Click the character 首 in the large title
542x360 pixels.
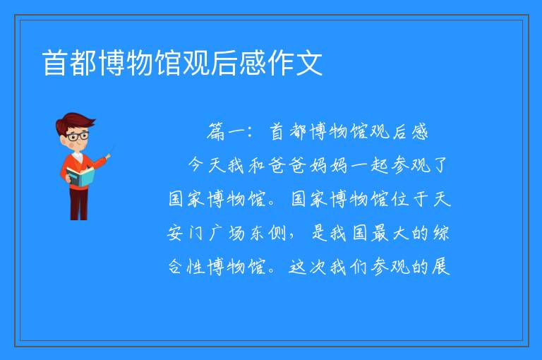55,63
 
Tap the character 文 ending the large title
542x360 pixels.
309,63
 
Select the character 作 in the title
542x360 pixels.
282,63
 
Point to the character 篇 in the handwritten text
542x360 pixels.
217,132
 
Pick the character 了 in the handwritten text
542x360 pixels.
440,165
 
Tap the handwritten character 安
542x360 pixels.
175,233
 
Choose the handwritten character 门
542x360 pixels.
195,233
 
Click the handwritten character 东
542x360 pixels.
257,233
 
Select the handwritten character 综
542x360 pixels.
440,233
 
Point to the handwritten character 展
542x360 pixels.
440,266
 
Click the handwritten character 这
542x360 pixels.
298,267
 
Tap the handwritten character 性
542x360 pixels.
195,267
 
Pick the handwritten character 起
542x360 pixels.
380,165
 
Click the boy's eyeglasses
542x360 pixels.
78,136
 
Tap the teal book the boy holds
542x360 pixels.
80,176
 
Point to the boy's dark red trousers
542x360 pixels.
79,204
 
